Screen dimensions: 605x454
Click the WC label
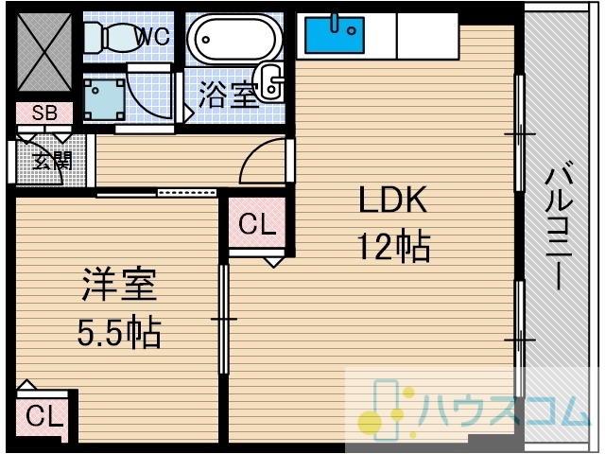click(x=153, y=36)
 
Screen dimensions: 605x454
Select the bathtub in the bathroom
click(x=233, y=39)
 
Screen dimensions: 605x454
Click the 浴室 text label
click(x=229, y=95)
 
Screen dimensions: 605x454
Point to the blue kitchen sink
click(x=335, y=35)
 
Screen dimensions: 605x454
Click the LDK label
click(x=393, y=200)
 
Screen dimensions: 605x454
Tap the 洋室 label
click(x=119, y=285)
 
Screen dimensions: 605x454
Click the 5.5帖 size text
click(x=119, y=332)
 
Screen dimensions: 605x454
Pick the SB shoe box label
click(x=44, y=113)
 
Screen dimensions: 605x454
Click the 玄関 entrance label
click(x=53, y=161)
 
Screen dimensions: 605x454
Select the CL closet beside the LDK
click(x=257, y=223)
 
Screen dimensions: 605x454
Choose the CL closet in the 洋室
click(x=43, y=417)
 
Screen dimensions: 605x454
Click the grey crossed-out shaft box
click(x=44, y=52)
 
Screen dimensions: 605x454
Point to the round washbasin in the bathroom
click(x=271, y=82)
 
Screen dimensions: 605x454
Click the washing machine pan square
click(x=104, y=99)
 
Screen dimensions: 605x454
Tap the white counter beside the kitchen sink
click(x=427, y=36)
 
